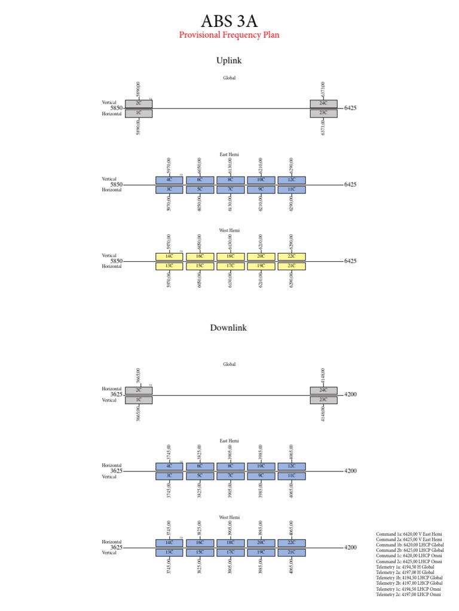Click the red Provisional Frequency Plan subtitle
click(229, 35)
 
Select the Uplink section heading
click(229, 60)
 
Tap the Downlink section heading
click(228, 328)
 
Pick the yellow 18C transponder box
click(230, 256)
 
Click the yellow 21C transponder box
click(292, 266)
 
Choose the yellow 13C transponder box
click(169, 266)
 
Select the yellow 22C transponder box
click(292, 256)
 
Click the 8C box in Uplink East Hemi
click(230, 180)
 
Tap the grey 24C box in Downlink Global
click(323, 390)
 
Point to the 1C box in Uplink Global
click(139, 113)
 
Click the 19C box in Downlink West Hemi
click(261, 553)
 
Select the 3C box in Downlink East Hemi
click(169, 476)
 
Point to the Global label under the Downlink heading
click(229, 364)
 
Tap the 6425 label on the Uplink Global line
click(351, 108)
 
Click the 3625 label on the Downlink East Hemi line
click(117, 471)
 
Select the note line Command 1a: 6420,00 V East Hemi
click(409, 533)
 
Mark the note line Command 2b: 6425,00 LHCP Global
click(410, 550)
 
